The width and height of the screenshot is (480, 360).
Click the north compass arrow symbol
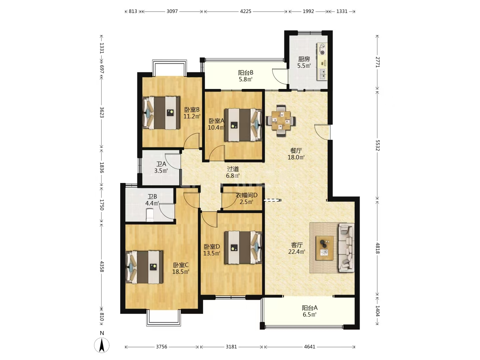102,345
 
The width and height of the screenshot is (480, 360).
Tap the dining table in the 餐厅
281,120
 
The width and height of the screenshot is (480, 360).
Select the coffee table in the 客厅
325,248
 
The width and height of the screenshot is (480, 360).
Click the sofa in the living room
346,248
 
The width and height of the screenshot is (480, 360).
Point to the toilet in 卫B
150,215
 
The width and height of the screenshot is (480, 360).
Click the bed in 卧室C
144,267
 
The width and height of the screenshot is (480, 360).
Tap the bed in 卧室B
161,113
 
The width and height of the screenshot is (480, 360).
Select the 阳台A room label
310,308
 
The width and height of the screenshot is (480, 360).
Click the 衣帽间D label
246,195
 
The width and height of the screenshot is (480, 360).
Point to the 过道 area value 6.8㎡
233,176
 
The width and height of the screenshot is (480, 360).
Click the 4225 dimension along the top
246,11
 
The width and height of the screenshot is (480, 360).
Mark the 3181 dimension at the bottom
231,347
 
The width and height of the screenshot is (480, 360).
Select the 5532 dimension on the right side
377,145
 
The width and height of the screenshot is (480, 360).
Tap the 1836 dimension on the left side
102,167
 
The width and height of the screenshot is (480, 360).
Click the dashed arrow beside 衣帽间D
272,200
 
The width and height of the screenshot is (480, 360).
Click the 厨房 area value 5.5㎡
304,66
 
